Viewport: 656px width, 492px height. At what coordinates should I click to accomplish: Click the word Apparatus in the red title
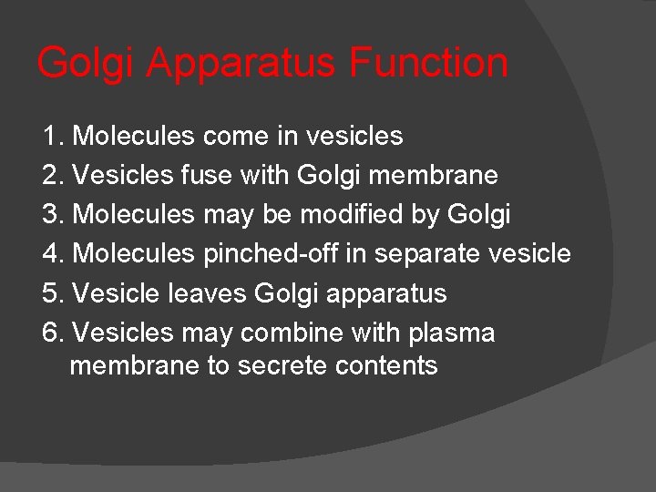click(x=241, y=64)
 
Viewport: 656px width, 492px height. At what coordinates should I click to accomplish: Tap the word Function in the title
click(x=428, y=62)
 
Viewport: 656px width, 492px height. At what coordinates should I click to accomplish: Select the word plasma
click(x=451, y=333)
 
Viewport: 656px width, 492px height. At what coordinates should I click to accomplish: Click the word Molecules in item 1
click(x=133, y=137)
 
